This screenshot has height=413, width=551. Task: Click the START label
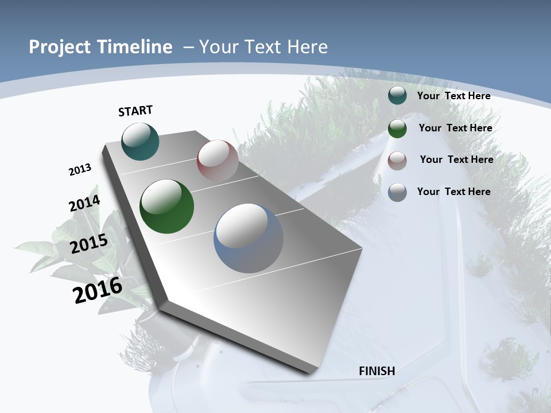pos(135,111)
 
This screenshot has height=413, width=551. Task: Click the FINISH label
pos(377,371)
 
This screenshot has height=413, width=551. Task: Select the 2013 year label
pos(80,170)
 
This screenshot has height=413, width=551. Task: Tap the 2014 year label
pos(84,204)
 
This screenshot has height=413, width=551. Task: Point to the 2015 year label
pos(88,244)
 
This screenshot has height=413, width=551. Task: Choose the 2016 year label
pos(98,290)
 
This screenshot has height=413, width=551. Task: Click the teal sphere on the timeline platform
pos(140,141)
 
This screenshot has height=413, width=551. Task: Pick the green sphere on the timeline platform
pos(166,206)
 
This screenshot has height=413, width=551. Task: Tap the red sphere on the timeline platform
pos(218,161)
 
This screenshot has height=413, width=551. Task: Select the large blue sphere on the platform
pos(249,238)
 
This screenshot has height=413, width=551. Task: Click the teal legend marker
pos(397,95)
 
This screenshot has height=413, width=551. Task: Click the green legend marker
pos(397,128)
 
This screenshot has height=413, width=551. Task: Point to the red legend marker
pos(397,161)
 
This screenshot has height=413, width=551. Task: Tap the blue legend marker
pos(397,192)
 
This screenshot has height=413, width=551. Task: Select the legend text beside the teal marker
pos(453,96)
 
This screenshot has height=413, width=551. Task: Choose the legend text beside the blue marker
pos(453,192)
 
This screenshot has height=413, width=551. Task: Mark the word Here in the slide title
pos(307,47)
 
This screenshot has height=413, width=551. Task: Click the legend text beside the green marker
pos(455,128)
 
